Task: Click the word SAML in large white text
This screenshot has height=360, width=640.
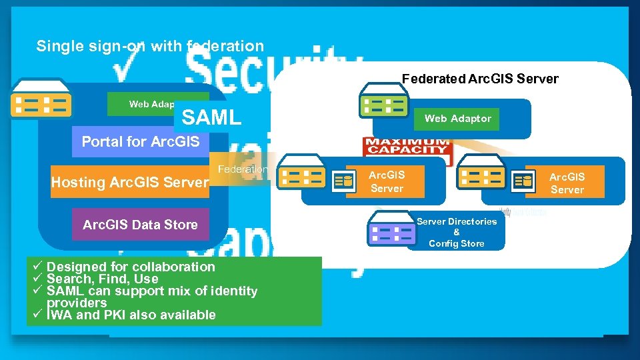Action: (x=211, y=118)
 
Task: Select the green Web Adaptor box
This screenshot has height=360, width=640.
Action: (x=143, y=104)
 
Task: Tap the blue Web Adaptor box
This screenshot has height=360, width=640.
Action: (x=457, y=119)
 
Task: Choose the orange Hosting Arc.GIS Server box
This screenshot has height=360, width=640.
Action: (x=130, y=182)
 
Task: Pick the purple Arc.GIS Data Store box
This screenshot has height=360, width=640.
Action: (x=140, y=225)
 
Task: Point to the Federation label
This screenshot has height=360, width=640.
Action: (x=243, y=169)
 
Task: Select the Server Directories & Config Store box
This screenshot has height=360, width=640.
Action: (x=457, y=233)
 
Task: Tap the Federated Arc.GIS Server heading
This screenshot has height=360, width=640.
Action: (x=480, y=79)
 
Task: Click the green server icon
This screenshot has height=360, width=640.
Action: (x=383, y=104)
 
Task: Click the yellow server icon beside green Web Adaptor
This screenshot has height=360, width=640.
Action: (x=41, y=104)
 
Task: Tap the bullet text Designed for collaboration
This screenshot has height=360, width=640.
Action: (x=131, y=267)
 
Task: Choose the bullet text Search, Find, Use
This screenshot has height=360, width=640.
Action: (x=103, y=279)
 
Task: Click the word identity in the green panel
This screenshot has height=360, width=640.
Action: (x=233, y=291)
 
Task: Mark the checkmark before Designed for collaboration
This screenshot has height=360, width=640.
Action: (x=38, y=267)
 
